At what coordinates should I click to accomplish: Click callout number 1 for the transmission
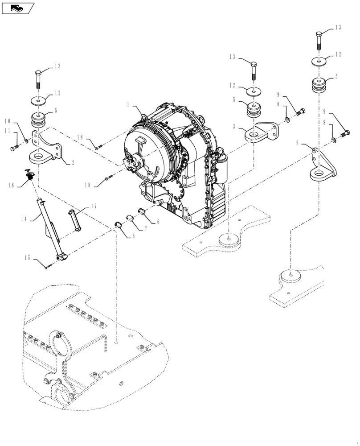point(128,105)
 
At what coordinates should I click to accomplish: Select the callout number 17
point(93,206)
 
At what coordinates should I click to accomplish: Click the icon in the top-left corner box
point(18,8)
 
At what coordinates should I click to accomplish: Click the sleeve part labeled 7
point(130,218)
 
